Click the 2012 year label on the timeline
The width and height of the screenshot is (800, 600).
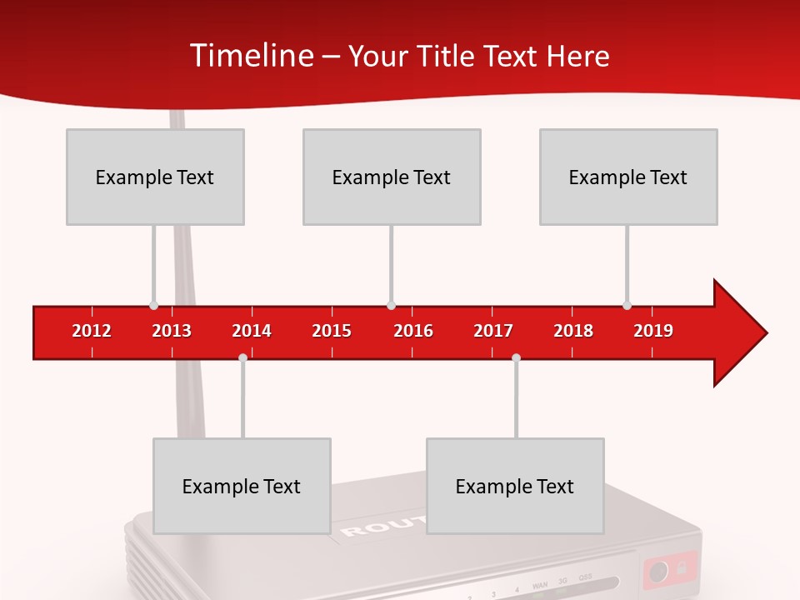(x=92, y=331)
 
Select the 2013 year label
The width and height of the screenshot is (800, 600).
(x=172, y=331)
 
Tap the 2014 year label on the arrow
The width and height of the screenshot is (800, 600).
(x=252, y=331)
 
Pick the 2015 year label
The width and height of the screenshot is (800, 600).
(x=332, y=331)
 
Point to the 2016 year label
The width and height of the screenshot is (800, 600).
(x=413, y=331)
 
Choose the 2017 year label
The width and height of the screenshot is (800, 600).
(x=493, y=331)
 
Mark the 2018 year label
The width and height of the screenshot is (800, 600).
(x=573, y=331)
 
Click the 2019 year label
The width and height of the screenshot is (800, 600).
(x=653, y=331)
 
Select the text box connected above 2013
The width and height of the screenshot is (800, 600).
(x=155, y=177)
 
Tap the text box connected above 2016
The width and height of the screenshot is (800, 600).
(x=392, y=177)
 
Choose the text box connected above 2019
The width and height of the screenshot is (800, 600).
(x=628, y=177)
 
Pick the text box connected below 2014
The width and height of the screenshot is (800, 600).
(x=242, y=486)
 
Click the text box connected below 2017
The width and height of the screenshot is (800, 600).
(x=515, y=486)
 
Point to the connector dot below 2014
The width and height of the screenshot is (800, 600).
(x=242, y=357)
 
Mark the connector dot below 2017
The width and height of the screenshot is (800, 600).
(x=516, y=357)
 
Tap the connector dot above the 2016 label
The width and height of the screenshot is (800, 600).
(x=391, y=305)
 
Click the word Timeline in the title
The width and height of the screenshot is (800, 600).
(x=250, y=56)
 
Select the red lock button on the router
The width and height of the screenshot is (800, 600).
(x=670, y=571)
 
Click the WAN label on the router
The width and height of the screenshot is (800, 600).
(x=540, y=587)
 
